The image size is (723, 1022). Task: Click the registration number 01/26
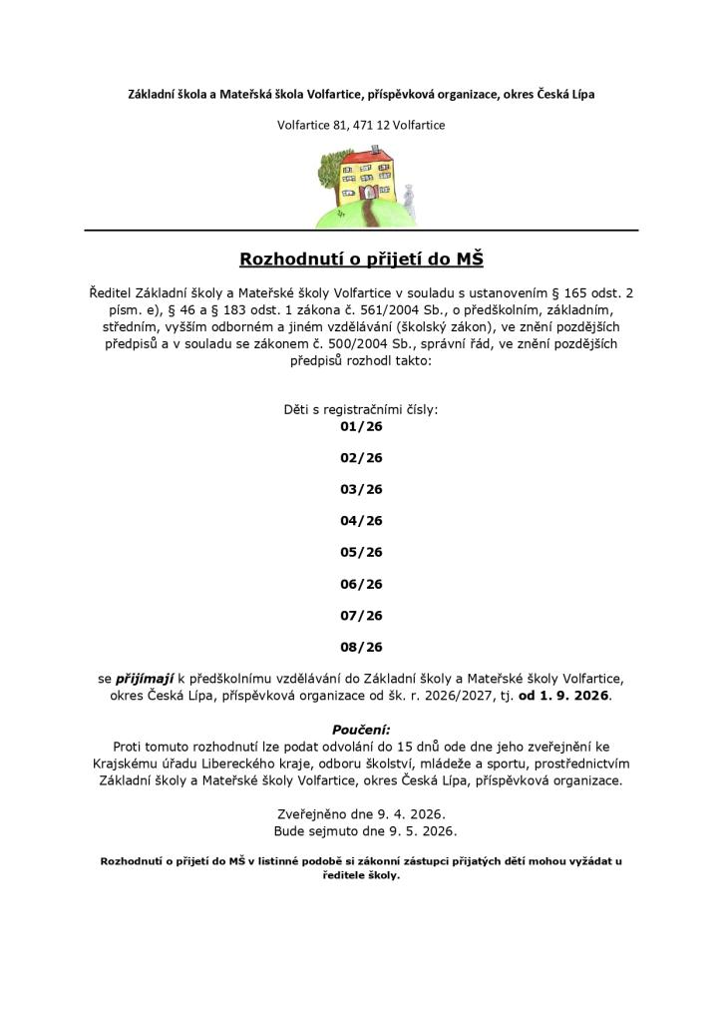click(361, 426)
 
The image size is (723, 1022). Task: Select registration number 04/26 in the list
click(361, 520)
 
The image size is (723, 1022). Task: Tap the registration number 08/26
click(361, 647)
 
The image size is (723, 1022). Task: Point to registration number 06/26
click(361, 584)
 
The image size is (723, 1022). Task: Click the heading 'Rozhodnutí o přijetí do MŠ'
click(361, 260)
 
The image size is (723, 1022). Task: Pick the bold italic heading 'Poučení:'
click(361, 730)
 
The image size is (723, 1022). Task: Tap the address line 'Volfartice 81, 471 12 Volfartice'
click(361, 125)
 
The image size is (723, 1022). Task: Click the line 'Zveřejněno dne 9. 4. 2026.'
click(361, 813)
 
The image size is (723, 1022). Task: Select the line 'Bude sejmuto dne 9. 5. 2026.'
click(361, 830)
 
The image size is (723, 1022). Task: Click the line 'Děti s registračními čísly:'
click(361, 409)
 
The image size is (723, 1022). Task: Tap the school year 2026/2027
click(447, 695)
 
